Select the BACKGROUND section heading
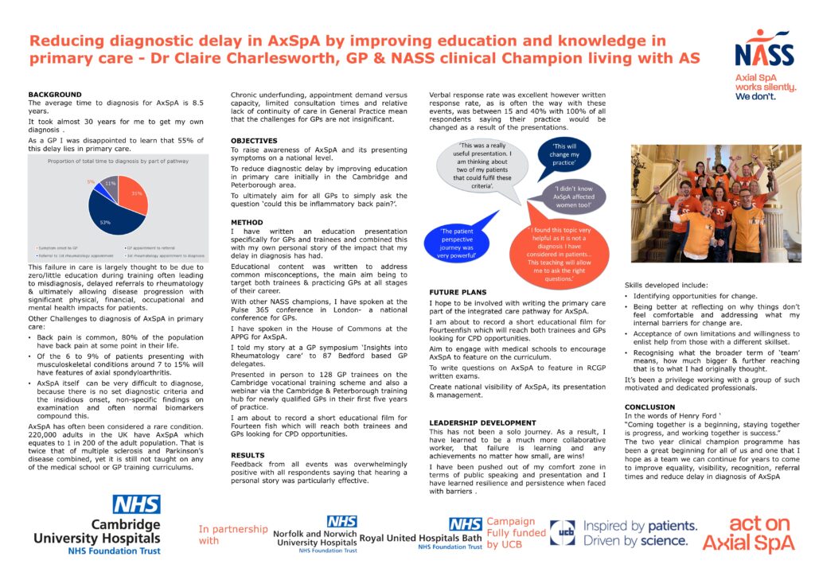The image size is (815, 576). (55, 95)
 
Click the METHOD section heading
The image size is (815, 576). (247, 222)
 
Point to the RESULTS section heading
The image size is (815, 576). (248, 455)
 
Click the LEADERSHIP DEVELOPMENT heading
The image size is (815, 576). (481, 422)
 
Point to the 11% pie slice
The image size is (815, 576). (109, 187)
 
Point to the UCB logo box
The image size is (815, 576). (562, 532)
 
